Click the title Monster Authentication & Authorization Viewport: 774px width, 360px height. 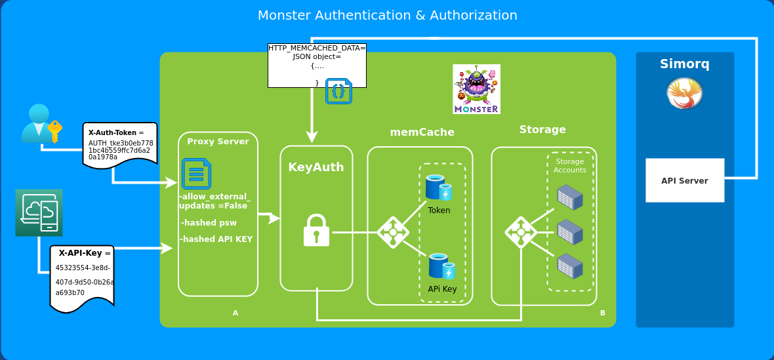pyautogui.click(x=387, y=15)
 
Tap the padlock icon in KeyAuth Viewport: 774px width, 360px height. pyautogui.click(x=316, y=231)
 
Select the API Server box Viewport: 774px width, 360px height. pyautogui.click(x=685, y=180)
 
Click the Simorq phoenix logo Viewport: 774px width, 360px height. pyautogui.click(x=684, y=93)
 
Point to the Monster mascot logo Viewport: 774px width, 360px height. pyautogui.click(x=476, y=89)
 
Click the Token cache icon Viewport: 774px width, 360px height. pyautogui.click(x=439, y=188)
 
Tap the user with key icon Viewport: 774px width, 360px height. pyautogui.click(x=41, y=123)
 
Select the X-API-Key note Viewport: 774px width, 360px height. pyautogui.click(x=82, y=278)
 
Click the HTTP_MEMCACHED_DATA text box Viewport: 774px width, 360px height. pyautogui.click(x=317, y=65)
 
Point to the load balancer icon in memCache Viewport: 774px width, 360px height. pyautogui.click(x=393, y=232)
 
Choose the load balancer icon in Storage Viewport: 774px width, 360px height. pyautogui.click(x=521, y=232)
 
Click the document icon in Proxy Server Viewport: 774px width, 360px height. pyautogui.click(x=196, y=174)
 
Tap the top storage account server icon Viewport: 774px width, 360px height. pyautogui.click(x=569, y=197)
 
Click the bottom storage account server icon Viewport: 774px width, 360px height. pyautogui.click(x=569, y=266)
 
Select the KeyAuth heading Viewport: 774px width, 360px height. pyautogui.click(x=316, y=167)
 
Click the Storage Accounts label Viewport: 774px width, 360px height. pyautogui.click(x=569, y=166)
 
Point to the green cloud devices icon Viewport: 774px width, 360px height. pyautogui.click(x=39, y=212)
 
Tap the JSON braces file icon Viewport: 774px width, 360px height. pyautogui.click(x=338, y=91)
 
